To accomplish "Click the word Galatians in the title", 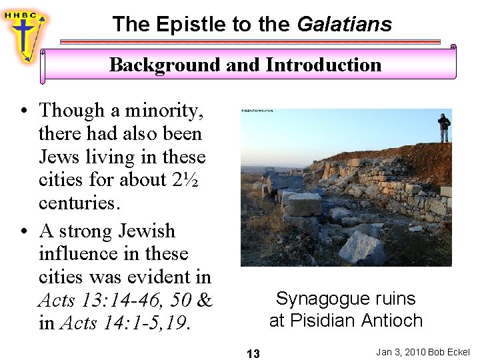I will (344, 25).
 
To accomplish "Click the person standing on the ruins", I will (443, 127).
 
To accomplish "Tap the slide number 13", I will (253, 353).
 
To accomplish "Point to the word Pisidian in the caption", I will (325, 321).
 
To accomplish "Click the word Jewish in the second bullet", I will (146, 231).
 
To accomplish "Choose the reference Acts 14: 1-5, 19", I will (125, 324).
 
